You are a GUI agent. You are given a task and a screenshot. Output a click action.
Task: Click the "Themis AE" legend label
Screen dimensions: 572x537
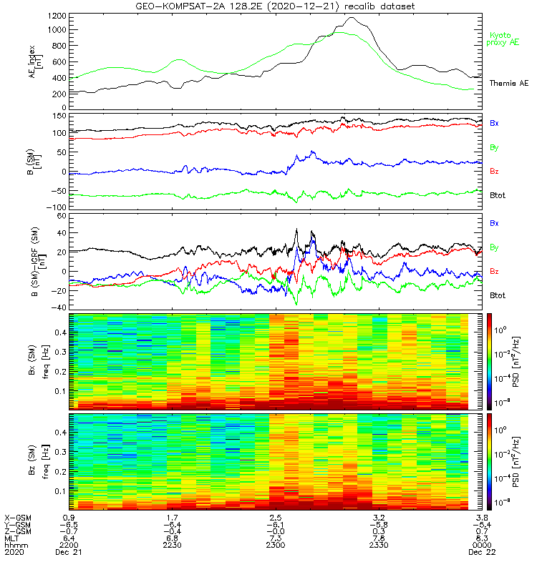click(x=508, y=84)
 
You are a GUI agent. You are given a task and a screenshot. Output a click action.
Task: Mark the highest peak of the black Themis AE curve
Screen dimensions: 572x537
click(x=352, y=18)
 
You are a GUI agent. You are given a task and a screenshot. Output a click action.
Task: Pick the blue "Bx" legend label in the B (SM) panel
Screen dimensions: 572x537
click(x=494, y=123)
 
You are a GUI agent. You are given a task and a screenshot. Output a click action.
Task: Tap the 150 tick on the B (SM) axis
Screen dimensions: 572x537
click(x=59, y=115)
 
